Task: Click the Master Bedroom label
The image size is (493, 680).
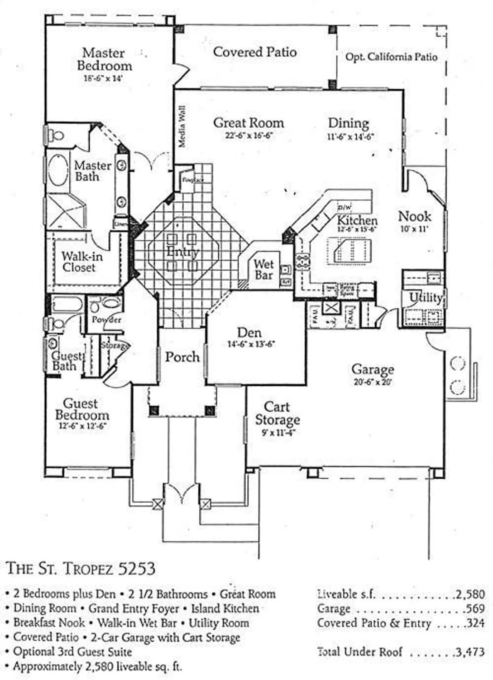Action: click(x=104, y=59)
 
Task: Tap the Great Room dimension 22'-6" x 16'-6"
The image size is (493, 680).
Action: click(x=249, y=136)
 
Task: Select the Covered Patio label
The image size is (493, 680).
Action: click(x=254, y=52)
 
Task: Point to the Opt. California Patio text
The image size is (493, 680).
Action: click(x=391, y=57)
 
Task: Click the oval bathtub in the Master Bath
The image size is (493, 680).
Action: click(x=58, y=170)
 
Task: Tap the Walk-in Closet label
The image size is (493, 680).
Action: click(x=81, y=262)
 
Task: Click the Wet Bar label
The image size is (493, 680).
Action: click(x=263, y=269)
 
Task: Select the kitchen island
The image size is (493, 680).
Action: click(x=352, y=251)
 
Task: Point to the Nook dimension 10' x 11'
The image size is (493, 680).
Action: click(x=413, y=229)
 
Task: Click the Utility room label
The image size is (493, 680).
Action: click(x=425, y=297)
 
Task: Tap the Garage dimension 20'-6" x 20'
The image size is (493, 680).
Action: click(x=372, y=382)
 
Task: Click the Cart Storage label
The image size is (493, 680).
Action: click(x=277, y=413)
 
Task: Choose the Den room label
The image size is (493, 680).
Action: click(x=249, y=332)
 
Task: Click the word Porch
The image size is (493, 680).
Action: click(x=182, y=357)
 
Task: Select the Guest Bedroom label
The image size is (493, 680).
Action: click(x=81, y=409)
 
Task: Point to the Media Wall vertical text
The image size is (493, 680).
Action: click(x=182, y=126)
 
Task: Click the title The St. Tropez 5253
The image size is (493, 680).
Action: click(x=81, y=568)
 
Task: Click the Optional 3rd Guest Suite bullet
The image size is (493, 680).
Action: click(x=72, y=652)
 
